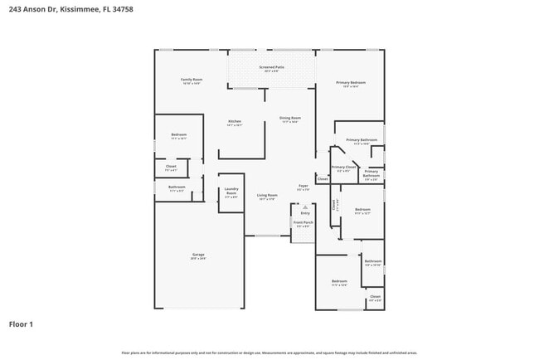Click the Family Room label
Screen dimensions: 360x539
point(192,80)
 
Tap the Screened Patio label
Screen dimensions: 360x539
point(271,66)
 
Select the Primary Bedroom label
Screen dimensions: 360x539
point(351,83)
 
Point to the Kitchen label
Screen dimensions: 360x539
point(235,122)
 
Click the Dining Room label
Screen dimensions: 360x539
point(289,118)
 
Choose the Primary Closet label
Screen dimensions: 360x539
point(343,167)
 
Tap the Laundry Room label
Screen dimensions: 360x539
point(231,193)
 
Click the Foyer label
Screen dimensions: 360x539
point(303,186)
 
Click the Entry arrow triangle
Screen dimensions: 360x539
point(304,207)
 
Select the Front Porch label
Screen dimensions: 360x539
point(303,222)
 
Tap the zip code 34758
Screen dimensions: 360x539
point(122,8)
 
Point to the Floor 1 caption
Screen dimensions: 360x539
point(21,324)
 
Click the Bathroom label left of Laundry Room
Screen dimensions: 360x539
point(177,187)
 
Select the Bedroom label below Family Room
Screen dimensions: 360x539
point(179,134)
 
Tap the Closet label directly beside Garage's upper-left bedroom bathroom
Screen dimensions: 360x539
point(171,167)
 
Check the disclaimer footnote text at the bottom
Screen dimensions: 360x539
point(269,353)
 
